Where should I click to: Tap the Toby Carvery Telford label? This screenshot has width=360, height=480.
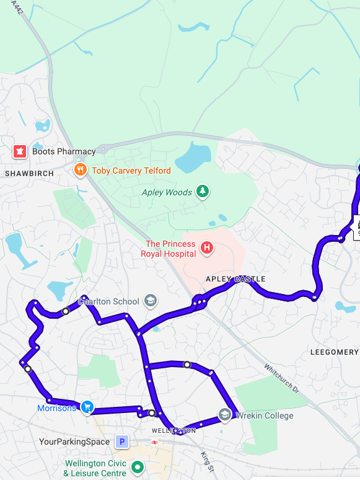[x=131, y=171]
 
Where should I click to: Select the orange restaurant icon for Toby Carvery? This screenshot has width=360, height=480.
[x=80, y=170]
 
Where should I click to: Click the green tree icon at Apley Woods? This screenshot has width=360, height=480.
[x=202, y=192]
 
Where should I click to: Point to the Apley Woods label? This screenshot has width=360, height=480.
[x=167, y=192]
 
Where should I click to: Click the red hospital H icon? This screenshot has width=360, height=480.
[x=207, y=249]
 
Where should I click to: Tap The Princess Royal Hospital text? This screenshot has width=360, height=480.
[x=170, y=249]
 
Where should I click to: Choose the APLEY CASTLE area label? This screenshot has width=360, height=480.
[x=235, y=279]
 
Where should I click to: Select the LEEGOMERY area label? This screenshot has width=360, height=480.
[x=334, y=352]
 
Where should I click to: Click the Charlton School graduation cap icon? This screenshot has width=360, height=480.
[x=150, y=301]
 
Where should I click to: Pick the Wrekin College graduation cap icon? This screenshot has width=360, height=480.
[x=225, y=415]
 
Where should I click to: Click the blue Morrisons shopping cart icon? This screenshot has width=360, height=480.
[x=87, y=407]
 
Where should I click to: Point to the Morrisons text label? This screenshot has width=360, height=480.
[x=56, y=408]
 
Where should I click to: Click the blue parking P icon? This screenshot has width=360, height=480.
[x=122, y=442]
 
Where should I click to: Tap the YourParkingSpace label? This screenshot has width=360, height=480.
[x=74, y=442]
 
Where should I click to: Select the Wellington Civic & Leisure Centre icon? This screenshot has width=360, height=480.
[x=138, y=468]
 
